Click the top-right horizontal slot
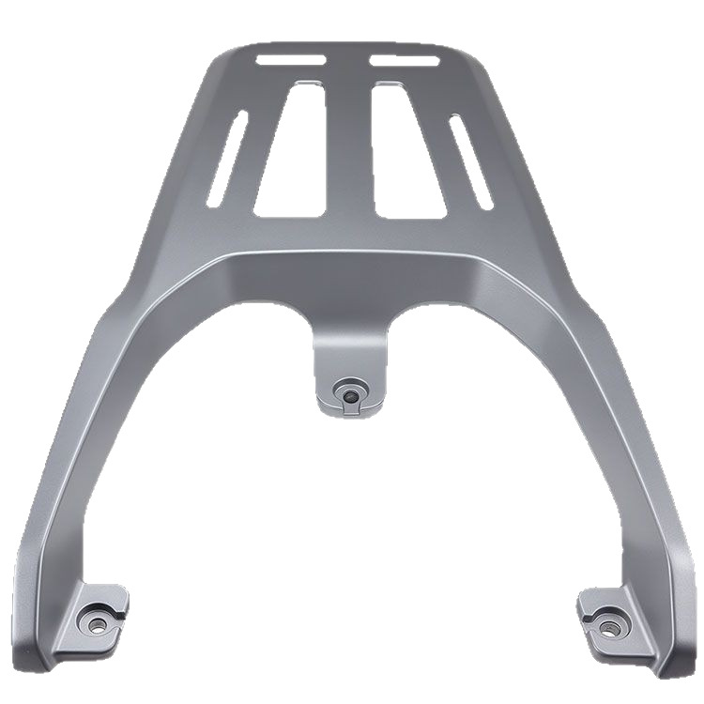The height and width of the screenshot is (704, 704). pos(405,61)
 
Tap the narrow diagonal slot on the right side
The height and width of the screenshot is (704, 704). pos(470,161)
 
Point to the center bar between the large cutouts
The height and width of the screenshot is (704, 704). pos(349,150)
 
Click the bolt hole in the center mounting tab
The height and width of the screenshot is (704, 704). pos(350,395)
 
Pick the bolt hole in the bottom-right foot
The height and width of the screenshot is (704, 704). pos(612,623)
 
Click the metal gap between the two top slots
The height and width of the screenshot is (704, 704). pos(348,59)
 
